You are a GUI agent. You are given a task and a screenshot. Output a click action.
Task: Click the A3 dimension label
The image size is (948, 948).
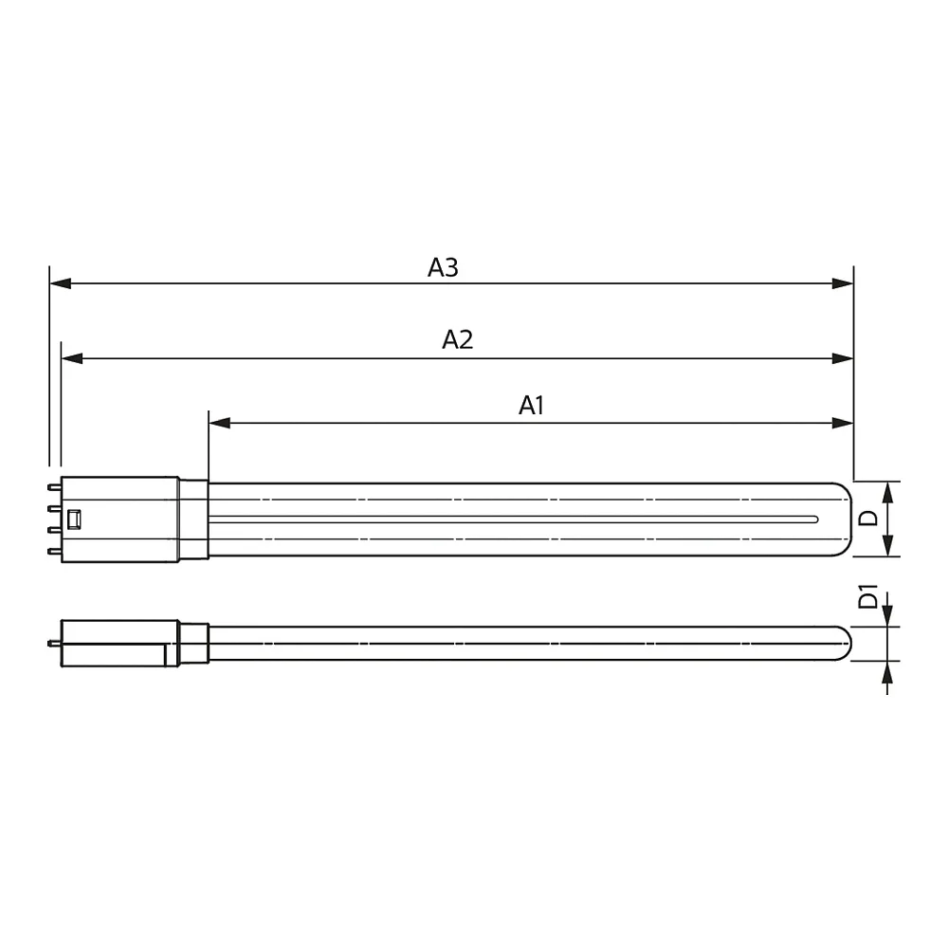tap(443, 267)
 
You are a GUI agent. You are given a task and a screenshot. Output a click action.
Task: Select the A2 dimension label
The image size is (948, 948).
tap(458, 339)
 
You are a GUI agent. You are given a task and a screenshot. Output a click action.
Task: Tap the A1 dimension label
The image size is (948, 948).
tap(532, 405)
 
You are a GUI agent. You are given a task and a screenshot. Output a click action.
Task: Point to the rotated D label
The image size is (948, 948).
tap(868, 519)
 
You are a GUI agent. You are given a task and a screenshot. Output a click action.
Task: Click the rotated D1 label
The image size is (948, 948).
tap(868, 596)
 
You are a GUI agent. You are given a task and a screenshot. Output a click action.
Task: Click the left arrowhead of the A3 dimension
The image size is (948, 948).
tap(61, 283)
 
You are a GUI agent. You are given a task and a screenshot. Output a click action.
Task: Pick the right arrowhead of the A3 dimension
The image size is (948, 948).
tap(843, 283)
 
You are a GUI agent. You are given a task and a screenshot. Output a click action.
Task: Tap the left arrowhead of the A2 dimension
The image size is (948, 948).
tap(72, 358)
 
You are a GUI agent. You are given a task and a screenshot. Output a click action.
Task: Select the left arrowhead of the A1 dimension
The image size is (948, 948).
tap(220, 423)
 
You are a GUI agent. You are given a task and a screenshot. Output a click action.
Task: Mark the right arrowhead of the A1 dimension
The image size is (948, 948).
tap(843, 423)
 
